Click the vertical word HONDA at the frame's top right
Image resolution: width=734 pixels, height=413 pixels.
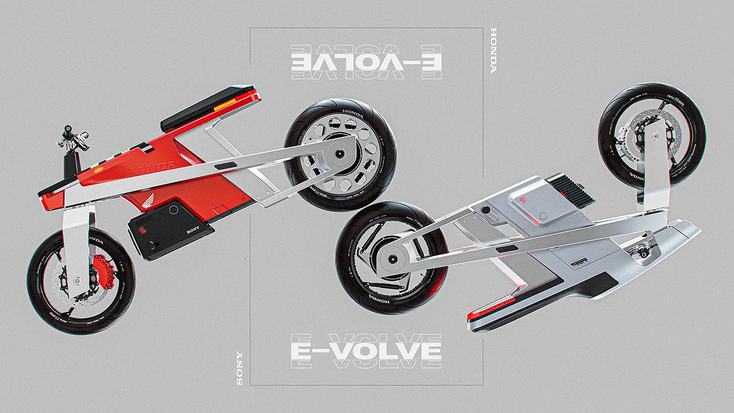point(492,50)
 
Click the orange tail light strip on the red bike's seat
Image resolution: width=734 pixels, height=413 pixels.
point(226,103)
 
